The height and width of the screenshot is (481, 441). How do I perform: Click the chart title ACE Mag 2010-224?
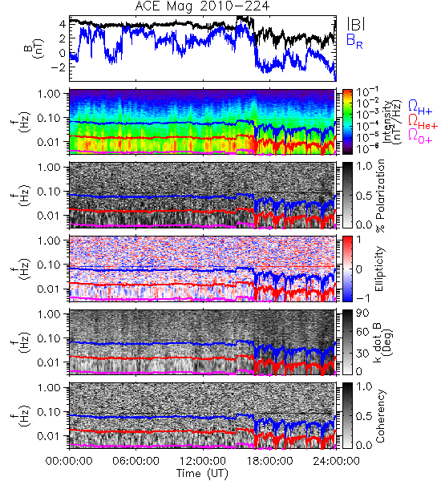202,6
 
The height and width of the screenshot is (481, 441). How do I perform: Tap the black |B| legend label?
356,24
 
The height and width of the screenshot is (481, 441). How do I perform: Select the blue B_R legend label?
354,42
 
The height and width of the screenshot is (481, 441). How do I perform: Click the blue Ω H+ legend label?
420,107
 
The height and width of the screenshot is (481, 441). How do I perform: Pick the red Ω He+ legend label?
423,122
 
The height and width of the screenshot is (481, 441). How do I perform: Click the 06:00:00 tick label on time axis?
136,461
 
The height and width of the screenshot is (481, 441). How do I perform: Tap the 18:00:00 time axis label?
269,461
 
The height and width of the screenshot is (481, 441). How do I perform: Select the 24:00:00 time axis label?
336,461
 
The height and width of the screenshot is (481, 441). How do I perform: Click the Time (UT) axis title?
203,474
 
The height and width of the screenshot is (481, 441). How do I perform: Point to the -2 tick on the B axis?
58,67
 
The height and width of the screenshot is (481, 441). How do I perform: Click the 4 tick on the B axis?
63,23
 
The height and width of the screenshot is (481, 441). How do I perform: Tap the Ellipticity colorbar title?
379,269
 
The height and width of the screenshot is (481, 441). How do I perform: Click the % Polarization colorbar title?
380,196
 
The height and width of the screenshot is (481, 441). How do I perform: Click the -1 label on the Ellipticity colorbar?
362,298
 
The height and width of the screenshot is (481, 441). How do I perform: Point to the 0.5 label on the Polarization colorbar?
364,195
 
